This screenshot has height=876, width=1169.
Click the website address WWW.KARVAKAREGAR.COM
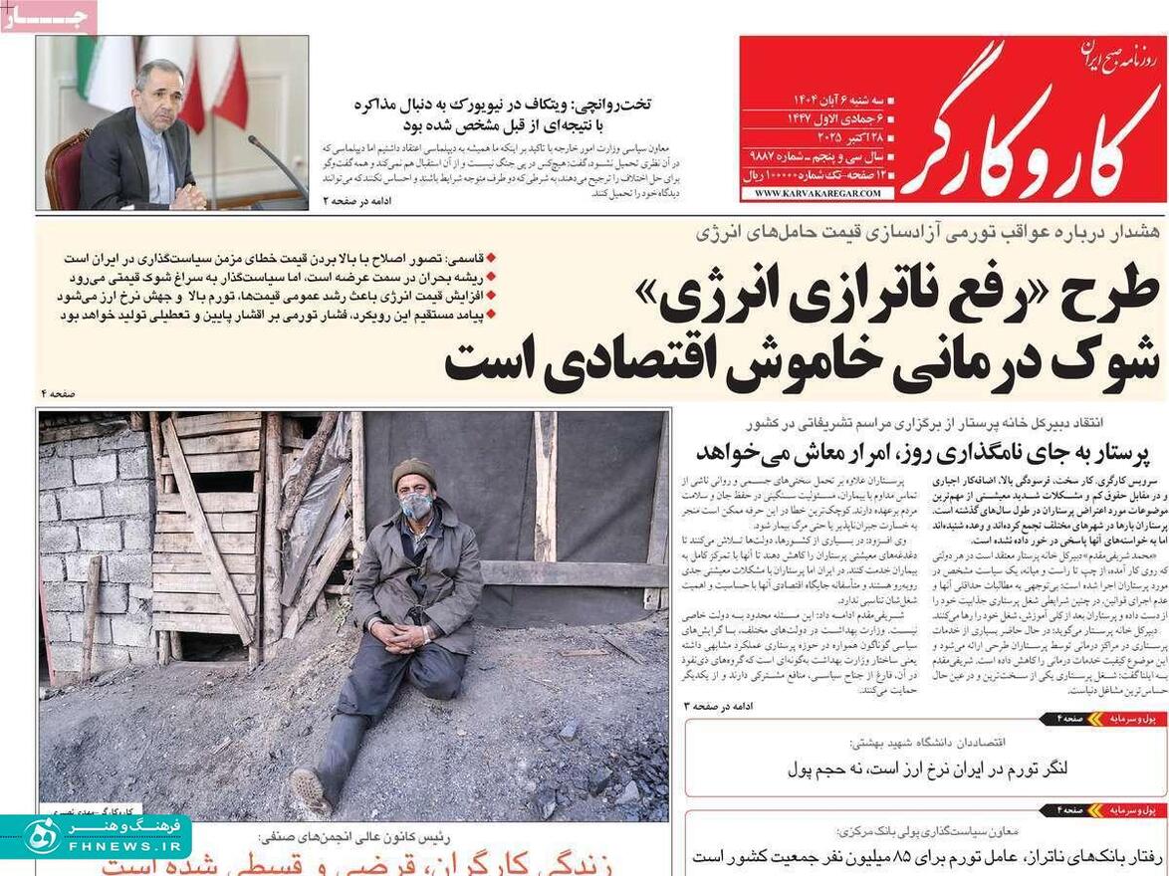coord(818,193)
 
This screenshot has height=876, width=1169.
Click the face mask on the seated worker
coord(416,506)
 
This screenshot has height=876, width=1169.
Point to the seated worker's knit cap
coord(414,471)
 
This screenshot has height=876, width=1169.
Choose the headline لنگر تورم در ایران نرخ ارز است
coord(927,769)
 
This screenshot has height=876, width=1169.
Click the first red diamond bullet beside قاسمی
coord(490,257)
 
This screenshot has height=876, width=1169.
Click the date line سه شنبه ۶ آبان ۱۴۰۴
coord(837,101)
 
